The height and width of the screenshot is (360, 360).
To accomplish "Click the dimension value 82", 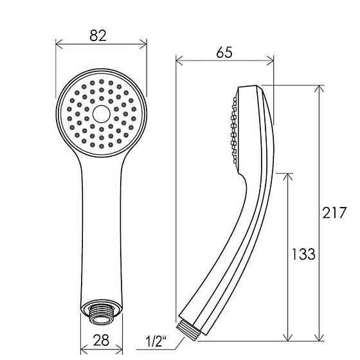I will [98, 36].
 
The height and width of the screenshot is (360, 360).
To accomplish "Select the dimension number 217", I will [334, 213].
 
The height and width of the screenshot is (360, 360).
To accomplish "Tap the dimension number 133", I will [302, 254].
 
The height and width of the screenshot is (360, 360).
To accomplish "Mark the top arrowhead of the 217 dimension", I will [319, 89].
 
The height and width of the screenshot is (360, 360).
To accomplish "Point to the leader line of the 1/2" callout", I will [166, 335].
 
